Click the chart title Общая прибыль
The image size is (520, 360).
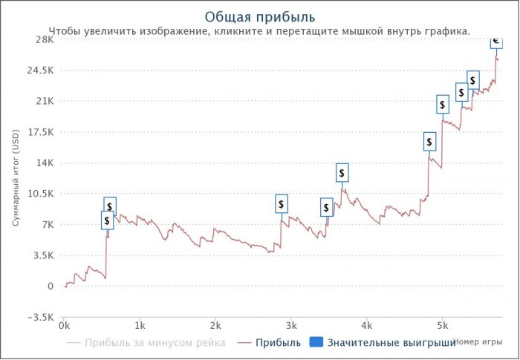tap(259, 16)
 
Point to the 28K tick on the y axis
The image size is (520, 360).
tap(44, 39)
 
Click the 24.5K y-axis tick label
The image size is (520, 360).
tap(39, 71)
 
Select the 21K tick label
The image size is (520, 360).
tap(44, 101)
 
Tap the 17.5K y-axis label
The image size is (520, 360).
tap(39, 132)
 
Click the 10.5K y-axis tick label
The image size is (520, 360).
tap(39, 194)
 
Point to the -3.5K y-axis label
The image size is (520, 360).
tap(39, 317)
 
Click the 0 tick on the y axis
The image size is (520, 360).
tap(50, 287)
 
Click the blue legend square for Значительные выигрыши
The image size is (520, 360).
tap(315, 343)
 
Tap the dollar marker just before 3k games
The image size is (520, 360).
tap(281, 204)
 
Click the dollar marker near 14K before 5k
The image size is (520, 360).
tap(429, 142)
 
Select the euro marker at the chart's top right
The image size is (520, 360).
tap(495, 41)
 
